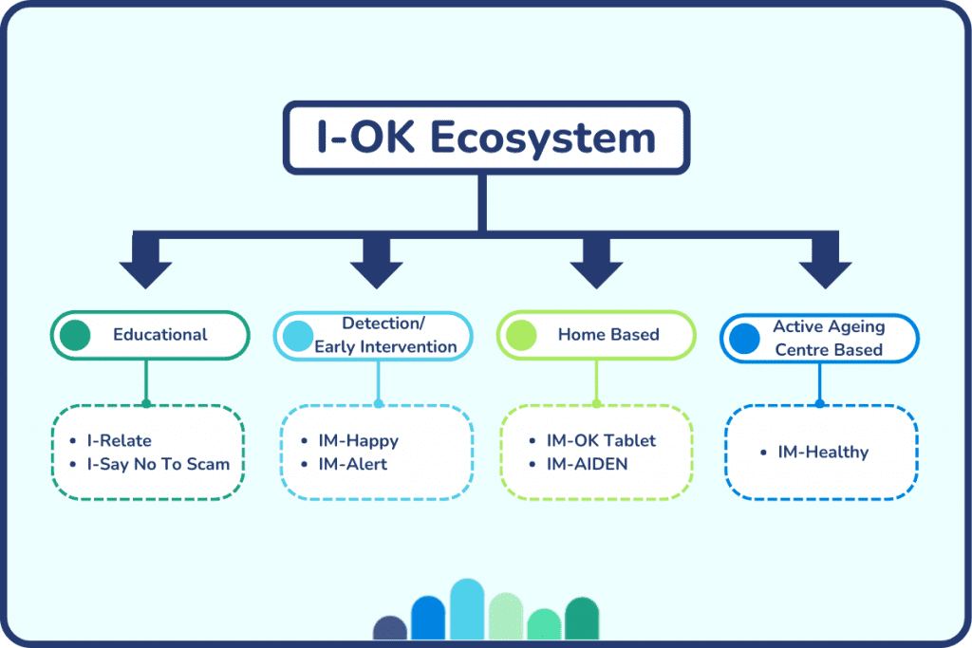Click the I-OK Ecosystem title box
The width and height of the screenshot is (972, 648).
[486, 138]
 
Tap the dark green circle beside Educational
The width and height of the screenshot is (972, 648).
[75, 335]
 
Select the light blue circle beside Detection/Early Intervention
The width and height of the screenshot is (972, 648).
[298, 336]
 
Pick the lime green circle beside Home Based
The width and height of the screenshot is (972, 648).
[521, 335]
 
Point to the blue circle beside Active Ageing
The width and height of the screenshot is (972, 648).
[744, 339]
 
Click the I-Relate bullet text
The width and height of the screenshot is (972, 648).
[119, 440]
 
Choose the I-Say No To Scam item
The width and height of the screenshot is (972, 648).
[159, 464]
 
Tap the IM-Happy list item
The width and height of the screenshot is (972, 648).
[358, 440]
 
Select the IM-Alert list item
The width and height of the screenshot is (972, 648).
[353, 464]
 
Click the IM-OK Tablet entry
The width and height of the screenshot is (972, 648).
[601, 440]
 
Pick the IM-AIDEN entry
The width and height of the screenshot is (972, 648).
[587, 464]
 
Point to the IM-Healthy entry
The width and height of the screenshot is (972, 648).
[823, 453]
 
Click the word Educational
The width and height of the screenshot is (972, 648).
[159, 335]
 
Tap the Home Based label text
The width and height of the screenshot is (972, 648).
[608, 335]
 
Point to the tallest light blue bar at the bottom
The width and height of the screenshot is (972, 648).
[467, 609]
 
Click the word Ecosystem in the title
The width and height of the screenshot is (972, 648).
[542, 139]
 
